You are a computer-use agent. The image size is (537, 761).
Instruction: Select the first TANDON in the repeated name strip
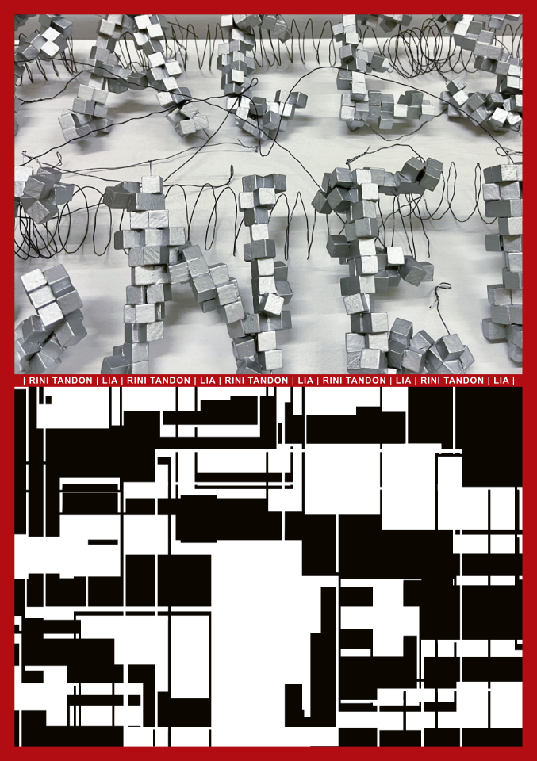tap(71, 380)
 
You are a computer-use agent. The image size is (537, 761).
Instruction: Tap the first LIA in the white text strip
tap(109, 380)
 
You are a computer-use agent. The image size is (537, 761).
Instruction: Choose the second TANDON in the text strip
tap(170, 380)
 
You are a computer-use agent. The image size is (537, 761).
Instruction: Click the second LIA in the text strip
tap(207, 380)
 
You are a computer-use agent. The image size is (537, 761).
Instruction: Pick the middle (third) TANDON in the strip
tap(267, 380)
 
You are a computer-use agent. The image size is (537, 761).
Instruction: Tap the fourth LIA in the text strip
tap(403, 380)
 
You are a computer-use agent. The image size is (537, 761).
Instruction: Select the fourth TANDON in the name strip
tap(365, 380)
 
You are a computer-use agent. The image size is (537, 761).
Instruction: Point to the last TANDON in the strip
tap(463, 380)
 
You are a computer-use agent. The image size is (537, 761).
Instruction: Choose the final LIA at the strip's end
tap(501, 380)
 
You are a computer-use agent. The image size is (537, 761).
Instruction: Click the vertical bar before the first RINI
tap(25, 380)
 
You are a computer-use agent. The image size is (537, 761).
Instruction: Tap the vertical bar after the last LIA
tap(513, 380)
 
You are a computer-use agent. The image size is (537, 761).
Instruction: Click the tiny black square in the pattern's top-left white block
tap(48, 400)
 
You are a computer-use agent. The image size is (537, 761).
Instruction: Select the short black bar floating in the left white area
tap(103, 542)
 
